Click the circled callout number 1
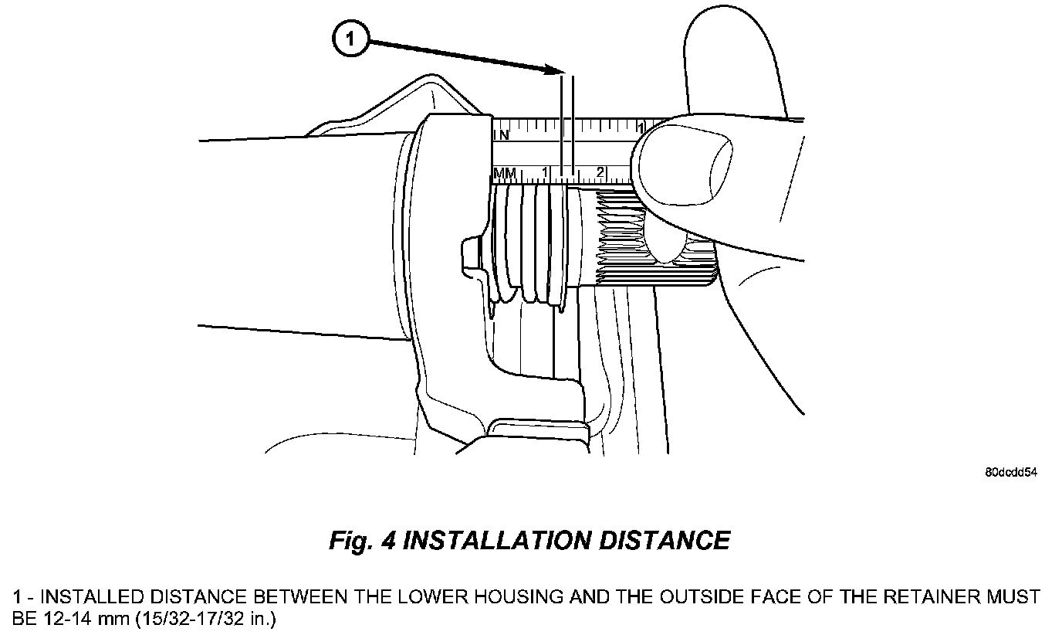click(x=350, y=39)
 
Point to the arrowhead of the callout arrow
click(x=553, y=71)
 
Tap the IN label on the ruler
click(x=501, y=134)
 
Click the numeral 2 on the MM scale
click(x=600, y=171)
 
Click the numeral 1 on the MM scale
click(x=545, y=171)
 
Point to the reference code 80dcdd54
click(x=1010, y=473)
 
